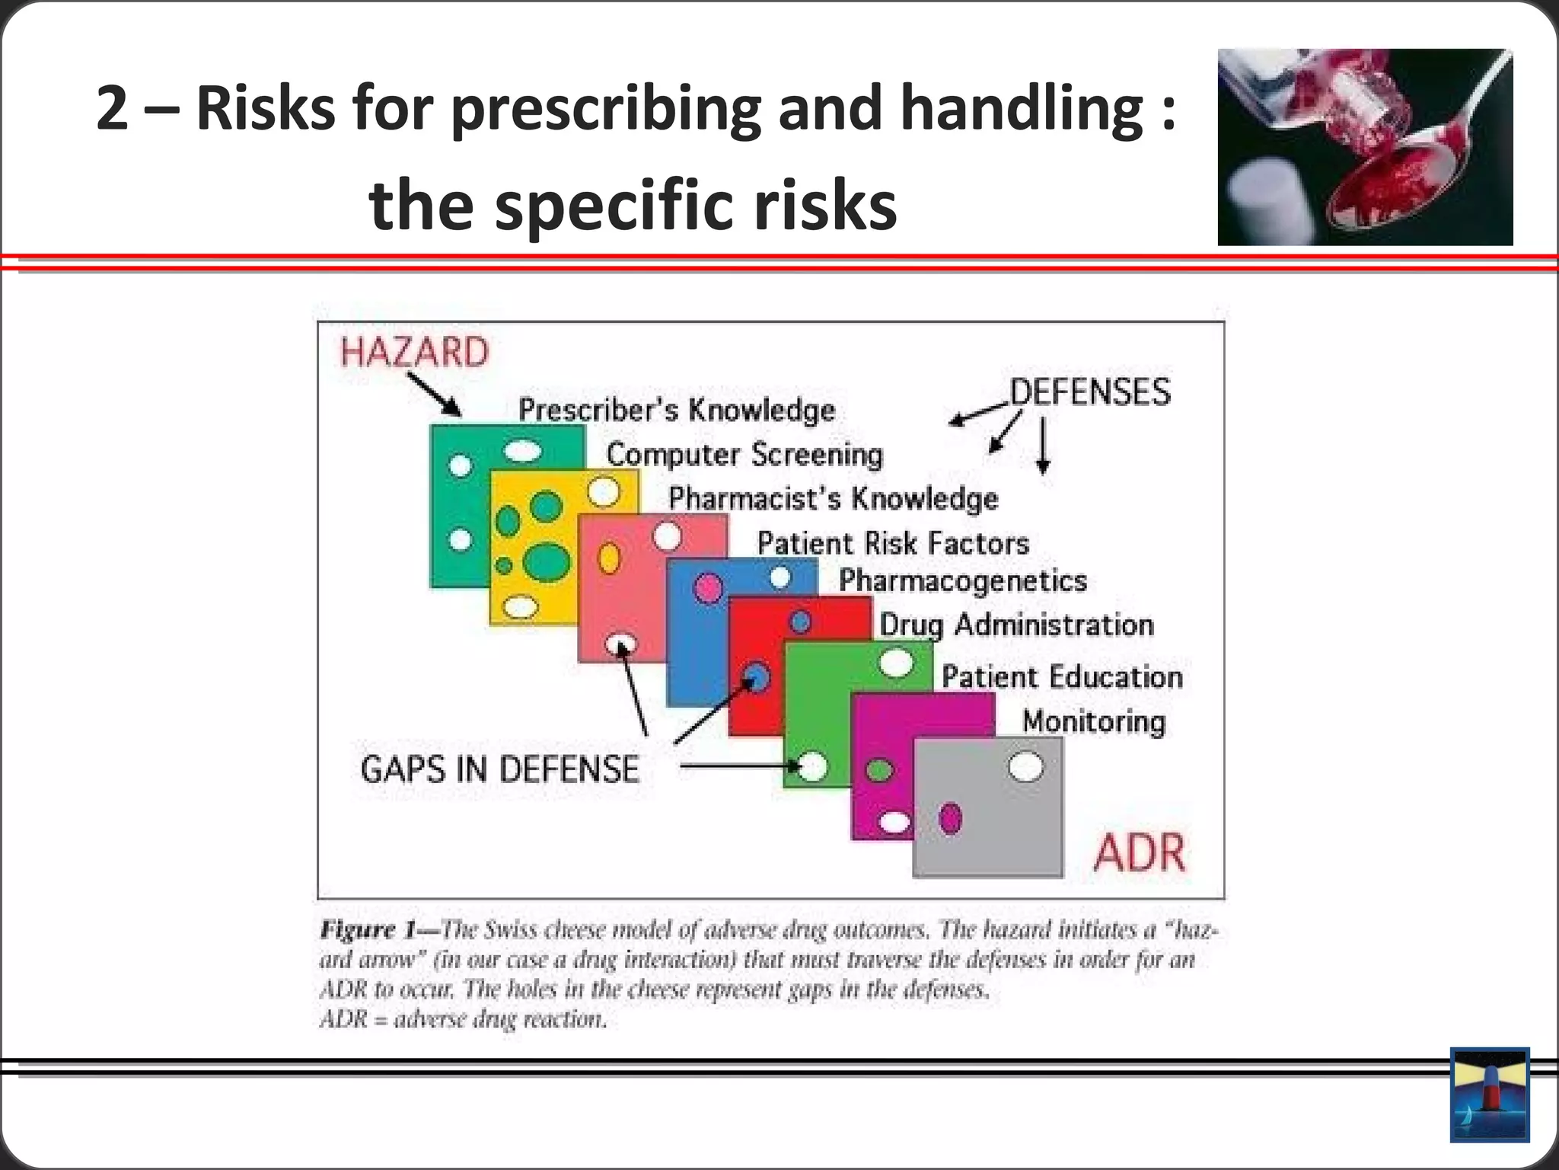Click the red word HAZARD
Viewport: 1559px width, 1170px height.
[414, 353]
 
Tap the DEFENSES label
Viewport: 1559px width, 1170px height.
[1089, 392]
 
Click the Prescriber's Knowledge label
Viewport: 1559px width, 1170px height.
[676, 411]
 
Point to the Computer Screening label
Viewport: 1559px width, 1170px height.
[744, 455]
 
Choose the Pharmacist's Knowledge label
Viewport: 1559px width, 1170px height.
[833, 499]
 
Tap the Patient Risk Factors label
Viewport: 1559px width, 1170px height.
[892, 544]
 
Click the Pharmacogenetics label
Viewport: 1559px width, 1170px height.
[962, 581]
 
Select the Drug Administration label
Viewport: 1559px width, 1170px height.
[1016, 625]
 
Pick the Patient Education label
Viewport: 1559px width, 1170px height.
[1062, 677]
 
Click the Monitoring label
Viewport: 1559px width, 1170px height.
[1093, 721]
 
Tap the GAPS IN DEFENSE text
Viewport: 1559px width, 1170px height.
[499, 769]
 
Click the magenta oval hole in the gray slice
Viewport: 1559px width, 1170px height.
[950, 819]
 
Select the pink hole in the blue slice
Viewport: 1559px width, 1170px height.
[708, 588]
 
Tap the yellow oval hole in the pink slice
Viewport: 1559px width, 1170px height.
[609, 558]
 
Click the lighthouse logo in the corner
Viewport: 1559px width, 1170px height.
[1490, 1095]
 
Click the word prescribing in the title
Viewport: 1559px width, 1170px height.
[605, 108]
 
